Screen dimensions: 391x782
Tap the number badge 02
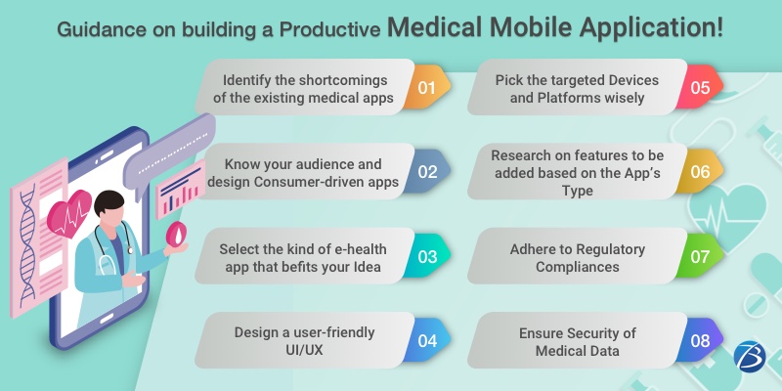tap(427, 172)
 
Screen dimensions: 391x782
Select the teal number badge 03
tap(427, 256)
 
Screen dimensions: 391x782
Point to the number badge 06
tap(700, 172)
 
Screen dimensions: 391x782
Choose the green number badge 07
tap(700, 256)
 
